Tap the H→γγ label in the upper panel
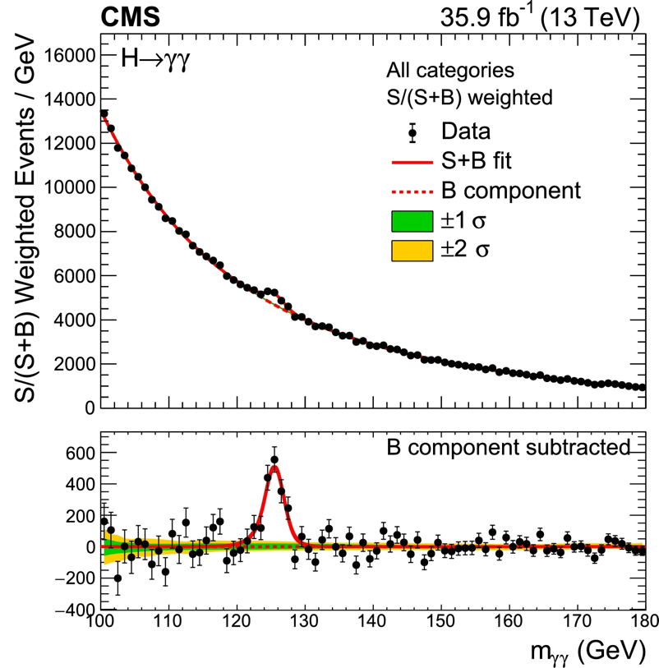click(156, 59)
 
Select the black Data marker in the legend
click(412, 131)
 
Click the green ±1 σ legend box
click(412, 220)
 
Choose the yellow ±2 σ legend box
click(412, 250)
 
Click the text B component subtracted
click(509, 447)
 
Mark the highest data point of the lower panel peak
click(274, 460)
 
